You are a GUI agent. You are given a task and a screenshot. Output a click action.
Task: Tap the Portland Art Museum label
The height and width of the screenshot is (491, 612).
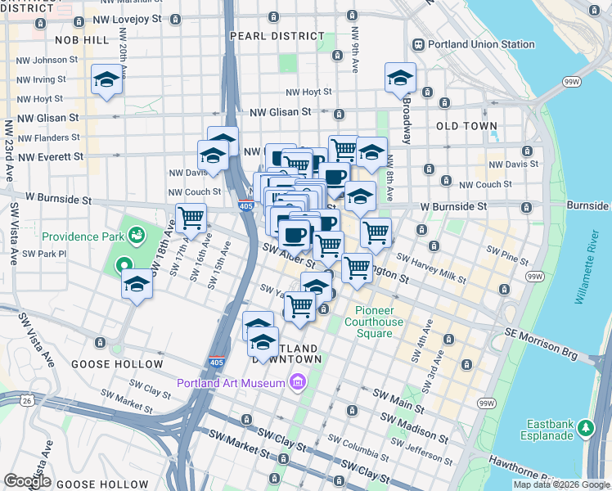232,383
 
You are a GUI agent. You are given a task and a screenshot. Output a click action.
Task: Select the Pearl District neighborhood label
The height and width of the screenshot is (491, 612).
277,36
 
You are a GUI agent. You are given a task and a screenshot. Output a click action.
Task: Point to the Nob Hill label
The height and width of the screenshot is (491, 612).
82,39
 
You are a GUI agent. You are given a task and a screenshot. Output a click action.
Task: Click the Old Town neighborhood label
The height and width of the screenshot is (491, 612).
467,126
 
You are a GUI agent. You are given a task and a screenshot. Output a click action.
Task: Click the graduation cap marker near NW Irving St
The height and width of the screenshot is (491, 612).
106,80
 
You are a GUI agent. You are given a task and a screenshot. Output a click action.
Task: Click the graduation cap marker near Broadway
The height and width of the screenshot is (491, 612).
400,79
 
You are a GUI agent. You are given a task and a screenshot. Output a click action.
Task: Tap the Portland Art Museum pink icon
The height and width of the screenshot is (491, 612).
296,382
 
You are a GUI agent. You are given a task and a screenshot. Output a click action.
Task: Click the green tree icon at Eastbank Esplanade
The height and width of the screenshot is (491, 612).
585,427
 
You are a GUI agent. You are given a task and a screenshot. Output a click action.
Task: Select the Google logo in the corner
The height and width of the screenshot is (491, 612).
28,481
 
